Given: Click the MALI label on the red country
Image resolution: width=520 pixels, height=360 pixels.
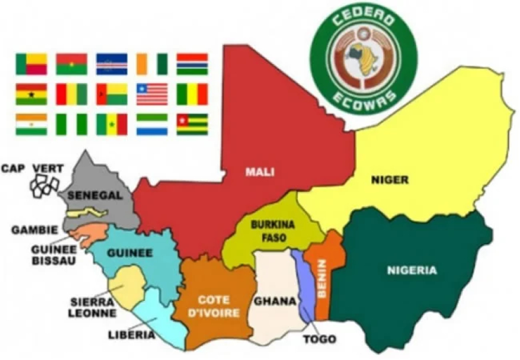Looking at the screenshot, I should [259, 172].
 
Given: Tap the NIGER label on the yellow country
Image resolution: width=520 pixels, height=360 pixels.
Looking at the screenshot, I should [389, 179].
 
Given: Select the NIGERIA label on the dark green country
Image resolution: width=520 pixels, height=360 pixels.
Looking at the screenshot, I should [412, 270].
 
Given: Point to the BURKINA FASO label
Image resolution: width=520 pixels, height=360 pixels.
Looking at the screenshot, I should [264, 232].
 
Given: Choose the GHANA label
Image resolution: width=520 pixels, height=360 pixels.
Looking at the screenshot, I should [276, 301].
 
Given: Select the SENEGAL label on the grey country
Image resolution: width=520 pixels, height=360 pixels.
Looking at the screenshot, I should [95, 196].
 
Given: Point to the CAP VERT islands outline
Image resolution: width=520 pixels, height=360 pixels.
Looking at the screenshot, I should [46, 185].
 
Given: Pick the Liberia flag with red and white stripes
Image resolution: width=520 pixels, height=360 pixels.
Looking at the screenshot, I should [152, 94].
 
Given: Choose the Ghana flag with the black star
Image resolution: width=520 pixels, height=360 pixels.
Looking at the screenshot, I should [31, 94].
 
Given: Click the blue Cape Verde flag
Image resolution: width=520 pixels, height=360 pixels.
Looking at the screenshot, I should [112, 63].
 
